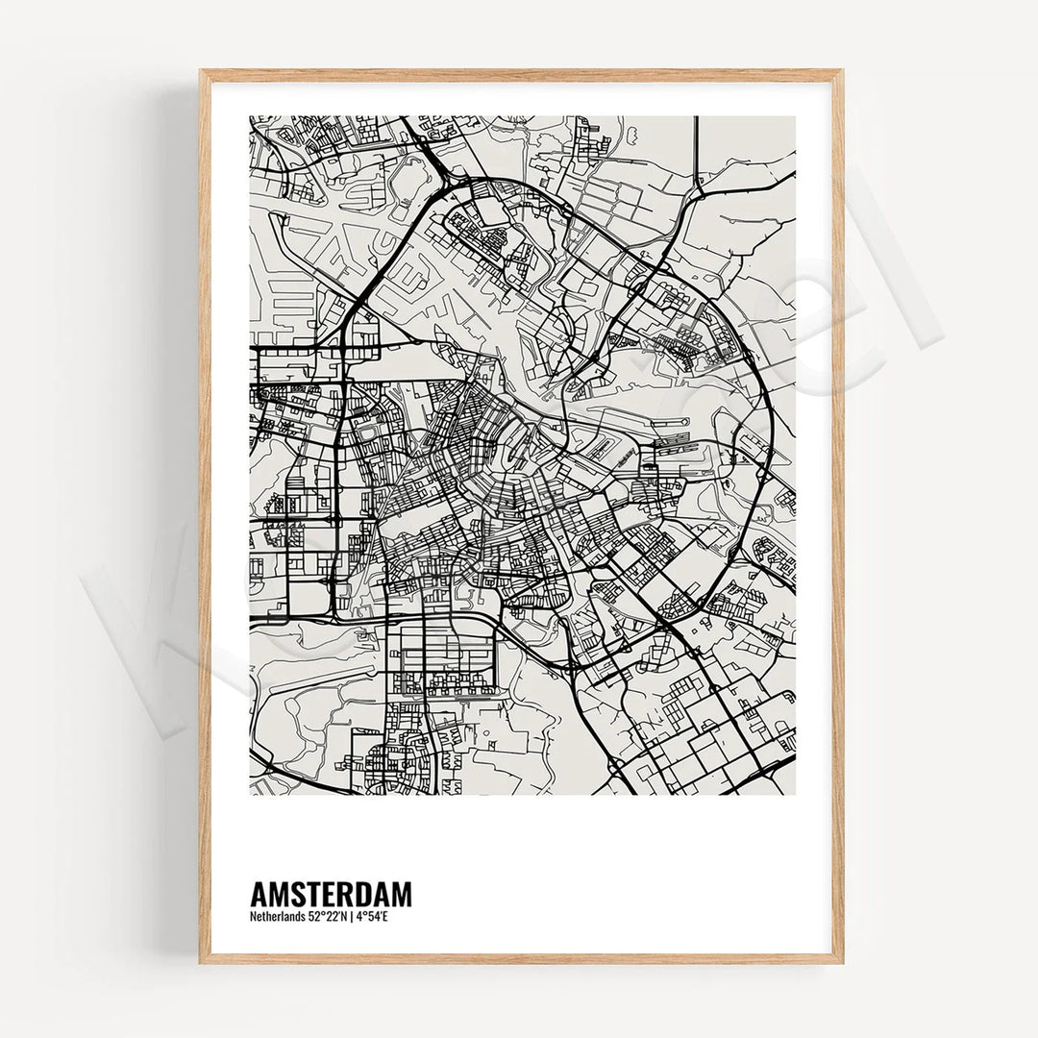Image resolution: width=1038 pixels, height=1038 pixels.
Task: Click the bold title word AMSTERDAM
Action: click(331, 894)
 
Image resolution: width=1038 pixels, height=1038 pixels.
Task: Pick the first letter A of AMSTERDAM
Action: click(259, 894)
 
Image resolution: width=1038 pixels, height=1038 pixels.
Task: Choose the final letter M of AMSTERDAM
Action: click(403, 894)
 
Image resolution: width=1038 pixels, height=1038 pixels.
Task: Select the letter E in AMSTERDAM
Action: click(328, 894)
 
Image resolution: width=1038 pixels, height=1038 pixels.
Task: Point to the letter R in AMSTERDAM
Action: click(345, 894)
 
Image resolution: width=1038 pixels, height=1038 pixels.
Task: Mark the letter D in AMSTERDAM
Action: click(363, 894)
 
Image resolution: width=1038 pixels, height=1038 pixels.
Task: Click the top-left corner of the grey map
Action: click(251, 117)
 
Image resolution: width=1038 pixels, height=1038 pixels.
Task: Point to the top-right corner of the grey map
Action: click(795, 117)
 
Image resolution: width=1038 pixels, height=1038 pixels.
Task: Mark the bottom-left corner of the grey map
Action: click(251, 794)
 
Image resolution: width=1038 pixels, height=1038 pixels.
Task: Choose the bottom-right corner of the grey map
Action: click(795, 794)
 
